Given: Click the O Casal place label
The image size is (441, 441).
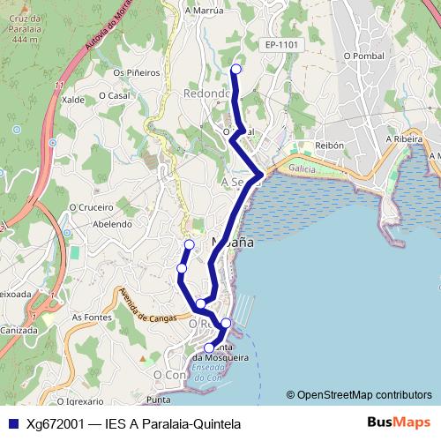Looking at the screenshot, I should pyautogui.click(x=116, y=95).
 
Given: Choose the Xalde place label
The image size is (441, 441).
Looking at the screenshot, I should pyautogui.click(x=73, y=101).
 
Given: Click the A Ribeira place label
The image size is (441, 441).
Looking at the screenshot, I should pyautogui.click(x=406, y=138).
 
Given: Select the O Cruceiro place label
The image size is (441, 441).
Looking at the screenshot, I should pyautogui.click(x=92, y=207).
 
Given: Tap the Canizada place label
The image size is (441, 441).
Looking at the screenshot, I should pyautogui.click(x=16, y=330).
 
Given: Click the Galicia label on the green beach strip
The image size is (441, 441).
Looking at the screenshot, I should pyautogui.click(x=302, y=168).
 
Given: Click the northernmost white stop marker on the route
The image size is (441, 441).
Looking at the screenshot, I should pyautogui.click(x=235, y=69).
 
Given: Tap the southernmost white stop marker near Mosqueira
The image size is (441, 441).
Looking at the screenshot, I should pyautogui.click(x=209, y=348).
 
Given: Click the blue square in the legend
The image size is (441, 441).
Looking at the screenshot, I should pyautogui.click(x=13, y=424).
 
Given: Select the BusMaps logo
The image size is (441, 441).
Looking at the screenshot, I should pyautogui.click(x=398, y=423).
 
